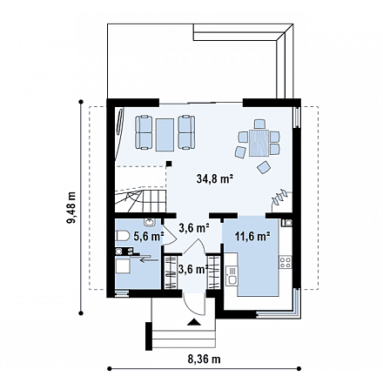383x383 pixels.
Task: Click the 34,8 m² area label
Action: click(x=216, y=178)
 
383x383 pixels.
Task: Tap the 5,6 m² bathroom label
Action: click(x=149, y=237)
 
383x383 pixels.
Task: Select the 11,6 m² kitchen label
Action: click(x=252, y=237)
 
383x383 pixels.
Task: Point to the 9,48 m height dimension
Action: click(x=71, y=207)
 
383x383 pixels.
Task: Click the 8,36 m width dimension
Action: click(x=204, y=359)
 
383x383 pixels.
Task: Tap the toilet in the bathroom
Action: click(x=123, y=236)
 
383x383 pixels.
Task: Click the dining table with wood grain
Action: click(x=259, y=143)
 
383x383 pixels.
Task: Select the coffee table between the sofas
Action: click(x=165, y=135)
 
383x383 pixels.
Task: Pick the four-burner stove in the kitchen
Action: click(x=285, y=262)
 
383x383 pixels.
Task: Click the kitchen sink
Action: click(x=232, y=275)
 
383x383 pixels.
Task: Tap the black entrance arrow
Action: click(x=194, y=322)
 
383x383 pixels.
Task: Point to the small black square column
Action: click(x=169, y=164)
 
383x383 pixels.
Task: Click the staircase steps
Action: click(x=140, y=201)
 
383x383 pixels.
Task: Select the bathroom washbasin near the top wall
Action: click(x=150, y=223)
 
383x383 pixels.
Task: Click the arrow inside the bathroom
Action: click(x=150, y=260)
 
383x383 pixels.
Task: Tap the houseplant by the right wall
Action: click(x=279, y=198)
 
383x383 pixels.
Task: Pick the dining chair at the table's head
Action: click(x=259, y=124)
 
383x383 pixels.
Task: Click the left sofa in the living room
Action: click(x=144, y=132)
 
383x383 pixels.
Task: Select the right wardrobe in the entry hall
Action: click(x=213, y=272)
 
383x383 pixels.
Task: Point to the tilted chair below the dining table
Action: click(x=264, y=167)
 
